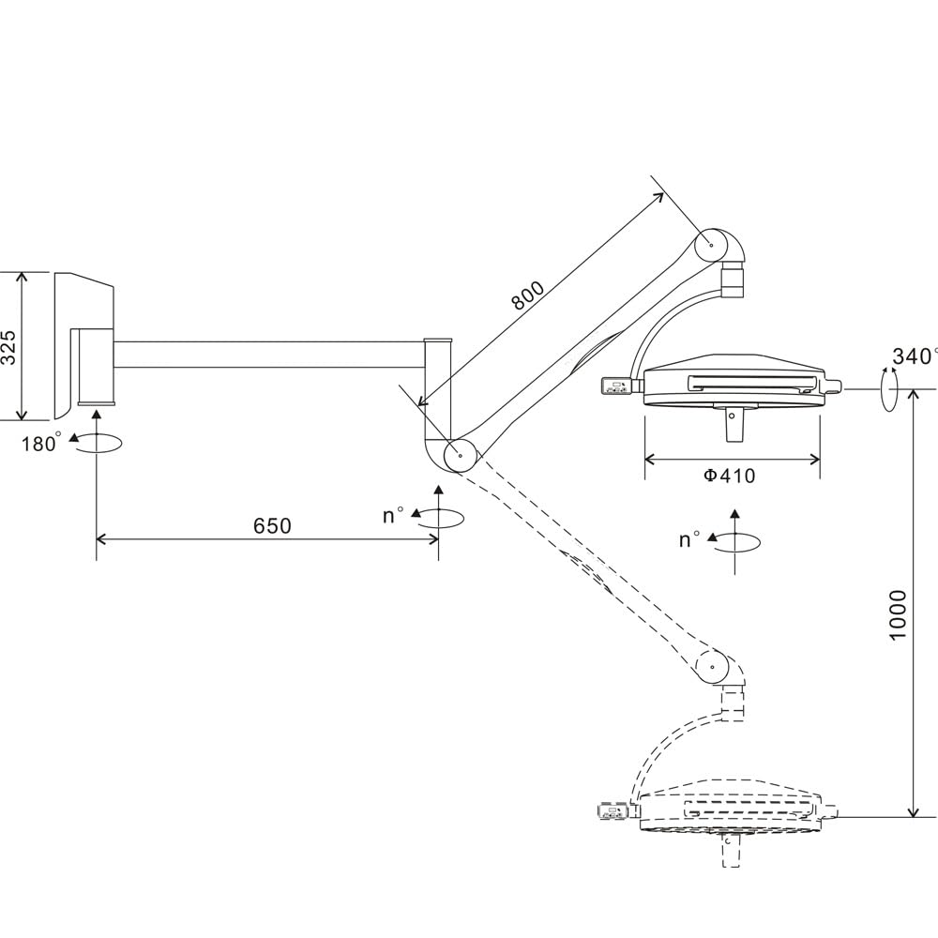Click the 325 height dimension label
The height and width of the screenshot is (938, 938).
(8, 347)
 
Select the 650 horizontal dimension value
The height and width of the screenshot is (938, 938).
(272, 526)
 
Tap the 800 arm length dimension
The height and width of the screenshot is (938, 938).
(527, 295)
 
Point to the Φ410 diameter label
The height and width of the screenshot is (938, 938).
(729, 476)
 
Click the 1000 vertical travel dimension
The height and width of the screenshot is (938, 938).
(898, 614)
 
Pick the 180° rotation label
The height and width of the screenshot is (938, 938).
(41, 443)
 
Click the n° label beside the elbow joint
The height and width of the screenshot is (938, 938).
(393, 516)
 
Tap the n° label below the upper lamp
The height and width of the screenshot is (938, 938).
(689, 539)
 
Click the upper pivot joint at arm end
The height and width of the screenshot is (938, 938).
(712, 246)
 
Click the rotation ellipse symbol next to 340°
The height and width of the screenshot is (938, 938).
(887, 387)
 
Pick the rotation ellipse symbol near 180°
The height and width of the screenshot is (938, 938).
(98, 444)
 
